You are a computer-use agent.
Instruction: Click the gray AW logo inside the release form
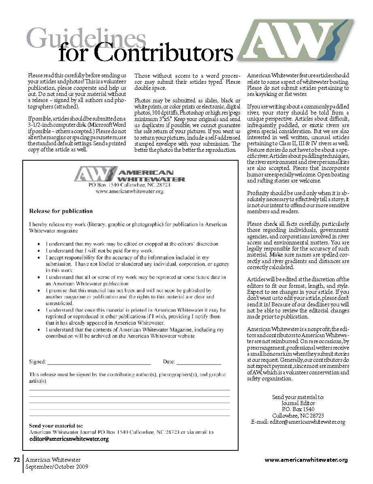[94, 174]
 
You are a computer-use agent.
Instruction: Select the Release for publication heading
[61, 211]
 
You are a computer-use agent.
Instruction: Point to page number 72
[17, 460]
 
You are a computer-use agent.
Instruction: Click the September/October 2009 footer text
[57, 467]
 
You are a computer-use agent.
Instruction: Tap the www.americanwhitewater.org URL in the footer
[306, 460]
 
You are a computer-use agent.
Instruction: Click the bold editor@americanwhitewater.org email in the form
[69, 439]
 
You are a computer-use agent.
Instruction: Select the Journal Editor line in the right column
[298, 403]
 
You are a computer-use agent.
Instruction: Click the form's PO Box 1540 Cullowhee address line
[130, 185]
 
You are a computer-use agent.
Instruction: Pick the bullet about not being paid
[99, 251]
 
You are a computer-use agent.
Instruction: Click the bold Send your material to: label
[56, 426]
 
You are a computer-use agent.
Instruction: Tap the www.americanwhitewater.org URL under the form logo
[130, 191]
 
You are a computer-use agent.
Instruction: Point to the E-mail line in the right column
[298, 422]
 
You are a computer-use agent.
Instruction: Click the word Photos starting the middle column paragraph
[142, 100]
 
